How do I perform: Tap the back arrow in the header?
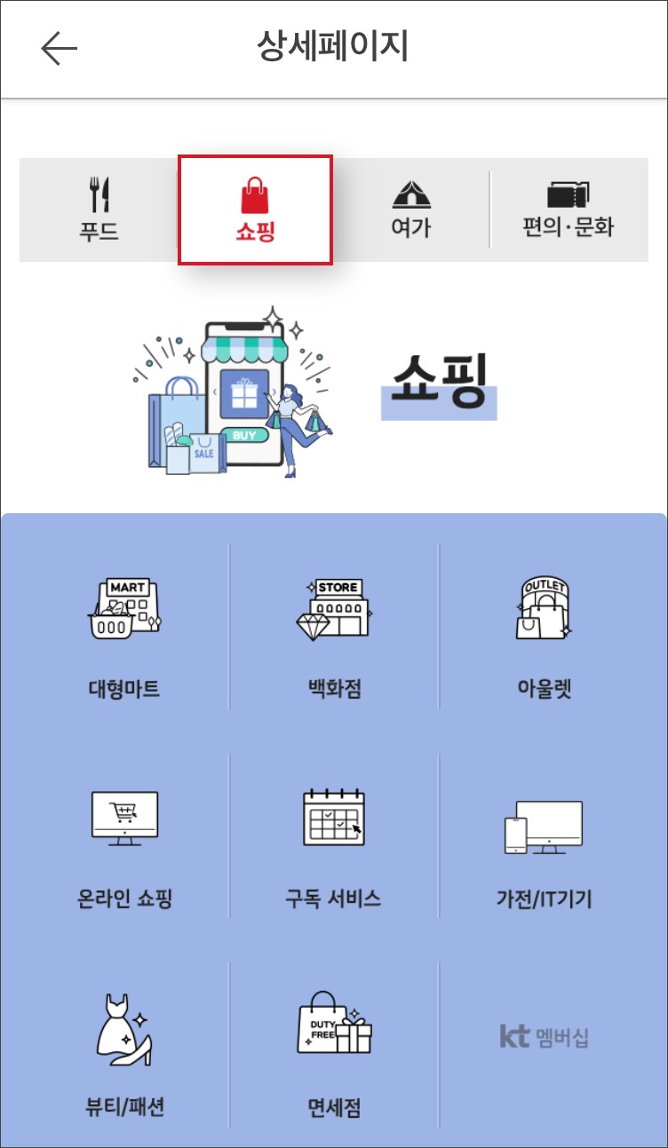click(60, 49)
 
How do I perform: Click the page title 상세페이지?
click(332, 47)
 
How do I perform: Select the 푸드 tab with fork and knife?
click(99, 210)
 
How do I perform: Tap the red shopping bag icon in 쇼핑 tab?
click(255, 194)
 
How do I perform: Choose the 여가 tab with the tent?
click(410, 210)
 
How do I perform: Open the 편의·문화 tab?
click(568, 210)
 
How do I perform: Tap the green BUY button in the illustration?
click(244, 435)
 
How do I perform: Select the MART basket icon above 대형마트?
click(123, 607)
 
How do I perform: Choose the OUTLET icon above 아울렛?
click(544, 607)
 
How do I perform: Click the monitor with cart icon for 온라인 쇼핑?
click(124, 817)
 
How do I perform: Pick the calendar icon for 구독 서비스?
click(333, 817)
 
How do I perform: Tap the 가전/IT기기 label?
click(544, 899)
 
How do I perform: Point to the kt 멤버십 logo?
click(544, 1036)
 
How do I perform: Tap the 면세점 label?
click(333, 1107)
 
